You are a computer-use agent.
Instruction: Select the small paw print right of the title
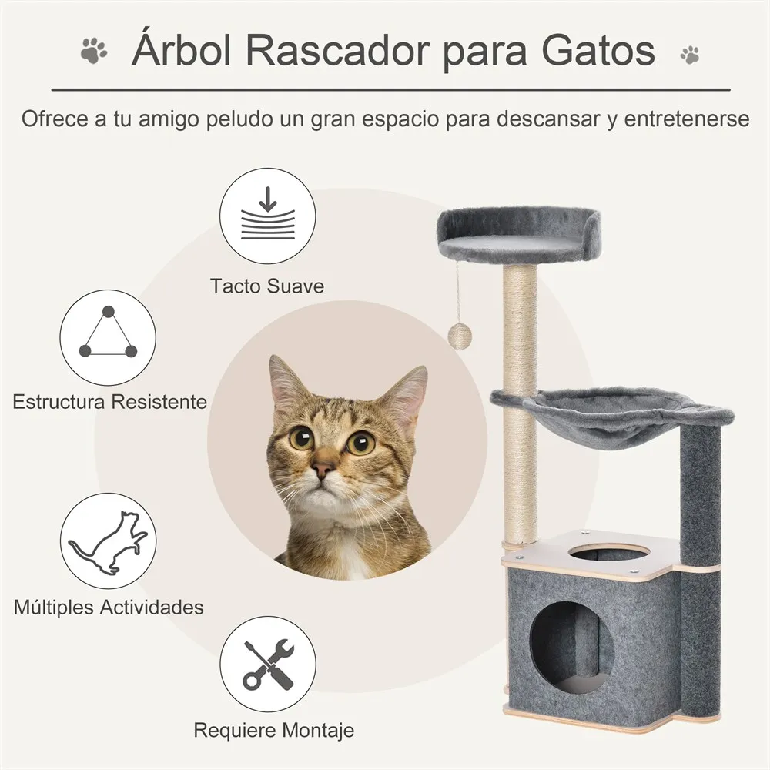[x=690, y=54]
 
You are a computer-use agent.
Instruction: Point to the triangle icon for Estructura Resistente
[x=108, y=336]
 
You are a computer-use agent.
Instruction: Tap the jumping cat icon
[x=108, y=541]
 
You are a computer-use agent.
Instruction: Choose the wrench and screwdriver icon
[x=267, y=663]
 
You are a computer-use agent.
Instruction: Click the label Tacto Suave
[x=267, y=286]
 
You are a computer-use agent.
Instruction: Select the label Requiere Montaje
[x=273, y=730]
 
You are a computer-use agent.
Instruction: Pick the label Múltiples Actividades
[x=109, y=607]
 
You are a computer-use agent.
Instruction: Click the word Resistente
[x=159, y=401]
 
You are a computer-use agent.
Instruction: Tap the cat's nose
[x=323, y=469]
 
